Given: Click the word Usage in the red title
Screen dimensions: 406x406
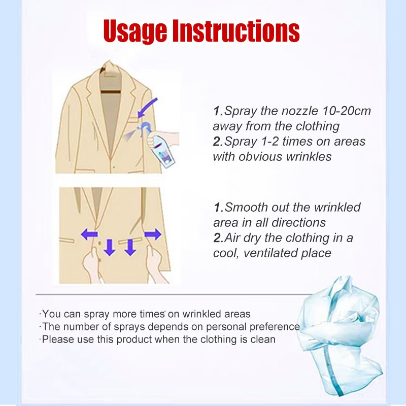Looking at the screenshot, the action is pyautogui.click(x=135, y=31).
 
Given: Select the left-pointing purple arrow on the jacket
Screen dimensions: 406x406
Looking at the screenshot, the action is pyautogui.click(x=89, y=234).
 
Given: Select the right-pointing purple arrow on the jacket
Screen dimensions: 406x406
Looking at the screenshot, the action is pyautogui.click(x=153, y=234).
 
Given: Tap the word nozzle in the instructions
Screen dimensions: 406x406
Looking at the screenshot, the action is pyautogui.click(x=300, y=111).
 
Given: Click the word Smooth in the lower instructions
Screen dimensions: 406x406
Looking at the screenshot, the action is pyautogui.click(x=244, y=207).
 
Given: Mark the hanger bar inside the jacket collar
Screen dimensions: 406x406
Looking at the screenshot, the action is pyautogui.click(x=111, y=92).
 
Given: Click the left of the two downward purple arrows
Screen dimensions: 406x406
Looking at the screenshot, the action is pyautogui.click(x=109, y=248).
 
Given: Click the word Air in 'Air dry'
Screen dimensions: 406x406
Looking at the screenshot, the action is pyautogui.click(x=232, y=238).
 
